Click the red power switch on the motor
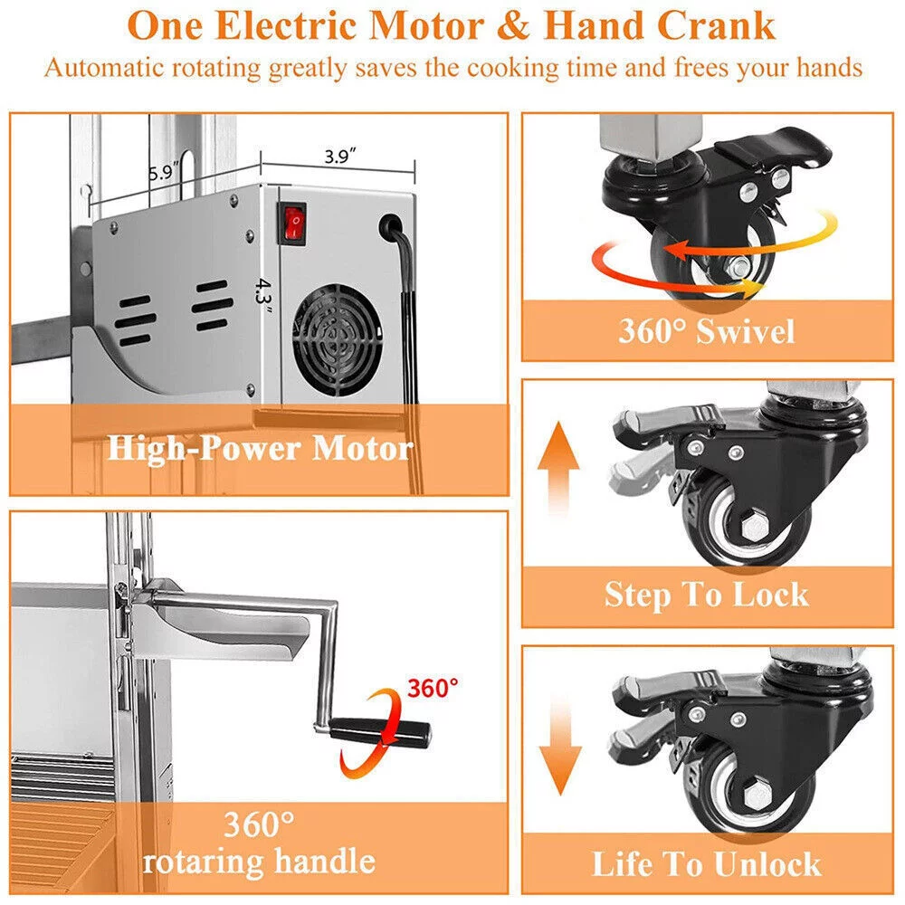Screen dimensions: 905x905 coord(293,224)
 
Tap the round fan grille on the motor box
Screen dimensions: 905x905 coord(338,340)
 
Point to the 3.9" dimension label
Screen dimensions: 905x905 coord(340,156)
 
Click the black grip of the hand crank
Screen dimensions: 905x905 coord(380,732)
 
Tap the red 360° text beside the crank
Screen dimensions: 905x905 coord(433,688)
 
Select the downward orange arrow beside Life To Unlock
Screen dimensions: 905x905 coord(560,746)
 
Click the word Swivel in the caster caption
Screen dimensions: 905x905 coord(746,332)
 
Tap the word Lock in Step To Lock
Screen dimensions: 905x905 coord(771,595)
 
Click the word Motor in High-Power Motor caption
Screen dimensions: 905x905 coord(363,448)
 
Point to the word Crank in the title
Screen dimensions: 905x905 coord(716,26)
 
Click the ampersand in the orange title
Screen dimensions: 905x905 coord(512,26)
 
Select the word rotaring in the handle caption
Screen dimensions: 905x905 coord(204,862)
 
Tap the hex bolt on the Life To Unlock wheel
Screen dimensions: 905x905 coord(756,797)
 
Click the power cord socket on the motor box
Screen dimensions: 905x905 coord(391,226)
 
